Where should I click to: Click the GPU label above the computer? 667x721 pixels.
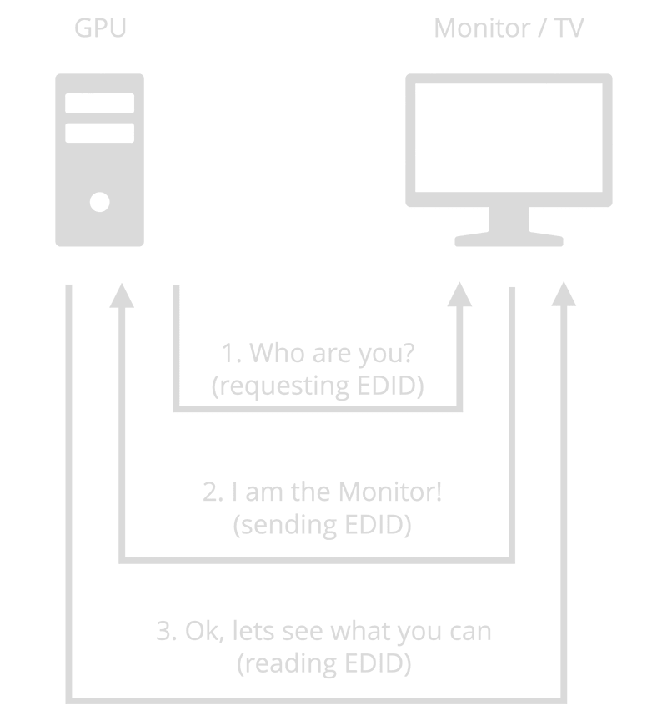pyautogui.click(x=100, y=28)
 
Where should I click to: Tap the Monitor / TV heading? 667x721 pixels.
pyautogui.click(x=509, y=28)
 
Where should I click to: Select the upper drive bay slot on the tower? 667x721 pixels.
pyautogui.click(x=100, y=103)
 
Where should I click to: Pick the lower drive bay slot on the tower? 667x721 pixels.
pyautogui.click(x=100, y=133)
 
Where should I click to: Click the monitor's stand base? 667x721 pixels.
pyautogui.click(x=509, y=241)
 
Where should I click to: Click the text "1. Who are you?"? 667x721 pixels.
pyautogui.click(x=318, y=354)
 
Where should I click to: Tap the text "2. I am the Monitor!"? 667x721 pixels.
pyautogui.click(x=322, y=492)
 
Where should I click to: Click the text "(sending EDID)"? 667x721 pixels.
pyautogui.click(x=322, y=526)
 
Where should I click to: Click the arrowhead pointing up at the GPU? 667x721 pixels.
pyautogui.click(x=123, y=295)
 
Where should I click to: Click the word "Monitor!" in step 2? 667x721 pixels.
pyautogui.click(x=389, y=492)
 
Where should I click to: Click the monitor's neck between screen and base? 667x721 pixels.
pyautogui.click(x=509, y=220)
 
